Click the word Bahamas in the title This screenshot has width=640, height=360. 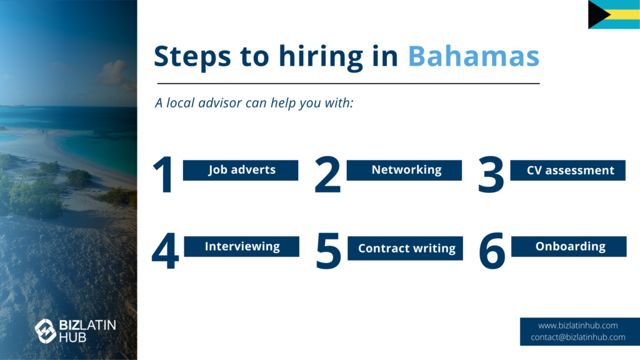(x=474, y=56)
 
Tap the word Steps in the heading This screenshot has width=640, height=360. (x=192, y=57)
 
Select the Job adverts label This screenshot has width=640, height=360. (x=241, y=170)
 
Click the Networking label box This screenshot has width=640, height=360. (x=404, y=170)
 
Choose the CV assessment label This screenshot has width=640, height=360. (x=567, y=170)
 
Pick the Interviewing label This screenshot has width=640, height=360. (x=242, y=246)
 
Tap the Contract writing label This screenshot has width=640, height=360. (x=405, y=248)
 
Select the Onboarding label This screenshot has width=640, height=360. (x=569, y=246)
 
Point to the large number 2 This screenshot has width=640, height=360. (x=327, y=174)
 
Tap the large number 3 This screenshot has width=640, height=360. (x=491, y=175)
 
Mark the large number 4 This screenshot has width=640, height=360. (x=165, y=251)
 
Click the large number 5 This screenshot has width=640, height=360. (x=329, y=251)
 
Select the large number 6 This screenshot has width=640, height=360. (x=492, y=251)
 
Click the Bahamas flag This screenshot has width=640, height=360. (x=614, y=14)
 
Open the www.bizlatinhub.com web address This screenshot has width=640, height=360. (x=578, y=326)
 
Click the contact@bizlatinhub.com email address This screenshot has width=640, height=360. (x=578, y=337)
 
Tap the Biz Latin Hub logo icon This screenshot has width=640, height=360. (x=45, y=331)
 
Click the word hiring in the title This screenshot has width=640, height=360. (x=321, y=57)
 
